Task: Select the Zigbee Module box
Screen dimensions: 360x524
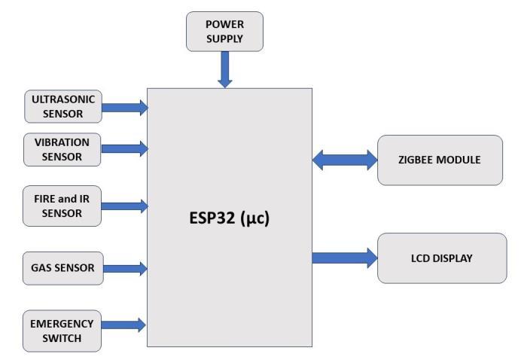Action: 439,160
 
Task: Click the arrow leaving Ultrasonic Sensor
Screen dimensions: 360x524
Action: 124,108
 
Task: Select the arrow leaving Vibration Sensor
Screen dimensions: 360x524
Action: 124,148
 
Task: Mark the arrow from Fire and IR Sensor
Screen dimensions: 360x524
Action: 124,205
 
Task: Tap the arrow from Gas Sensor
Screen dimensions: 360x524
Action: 124,267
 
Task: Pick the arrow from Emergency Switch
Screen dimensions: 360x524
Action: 124,325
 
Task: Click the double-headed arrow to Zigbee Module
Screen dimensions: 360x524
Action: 345,159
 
